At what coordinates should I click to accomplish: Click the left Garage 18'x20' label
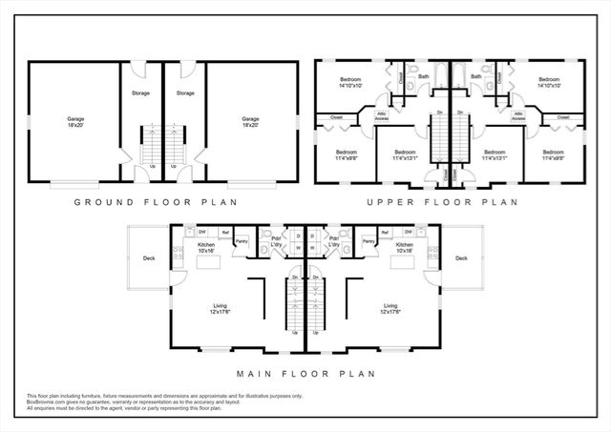(75, 121)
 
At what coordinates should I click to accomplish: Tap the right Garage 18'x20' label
(250, 121)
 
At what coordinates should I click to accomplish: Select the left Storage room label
(140, 93)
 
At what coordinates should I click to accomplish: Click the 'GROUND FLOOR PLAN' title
(156, 202)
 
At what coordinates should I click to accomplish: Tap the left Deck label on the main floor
(149, 257)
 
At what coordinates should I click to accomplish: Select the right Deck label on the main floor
(461, 257)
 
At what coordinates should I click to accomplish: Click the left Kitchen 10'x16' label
(207, 248)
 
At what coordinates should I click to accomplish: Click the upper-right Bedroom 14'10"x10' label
(548, 82)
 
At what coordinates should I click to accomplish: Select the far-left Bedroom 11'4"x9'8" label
(346, 155)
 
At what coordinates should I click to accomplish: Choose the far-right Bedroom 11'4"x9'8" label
(554, 155)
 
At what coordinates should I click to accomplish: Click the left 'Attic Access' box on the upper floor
(383, 116)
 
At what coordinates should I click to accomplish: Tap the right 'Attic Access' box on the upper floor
(517, 116)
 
